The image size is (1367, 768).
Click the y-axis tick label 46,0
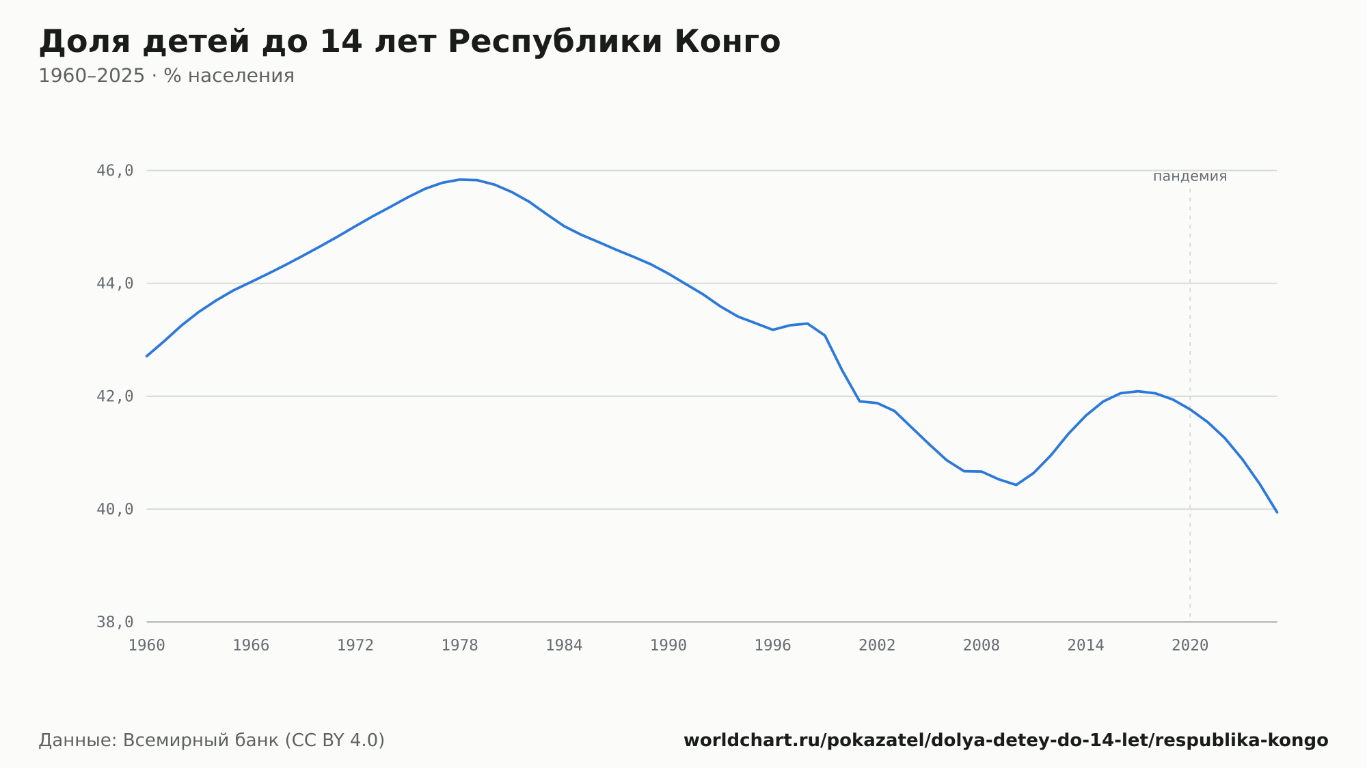115,171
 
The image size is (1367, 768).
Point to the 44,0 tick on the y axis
115,284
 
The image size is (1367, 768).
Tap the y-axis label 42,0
115,396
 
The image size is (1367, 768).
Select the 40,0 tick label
115,509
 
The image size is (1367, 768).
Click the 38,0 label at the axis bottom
115,622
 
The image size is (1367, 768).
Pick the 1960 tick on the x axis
147,646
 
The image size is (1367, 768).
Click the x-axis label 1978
459,646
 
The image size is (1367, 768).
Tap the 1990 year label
668,646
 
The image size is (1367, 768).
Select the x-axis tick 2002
877,646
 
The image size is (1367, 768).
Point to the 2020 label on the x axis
1190,646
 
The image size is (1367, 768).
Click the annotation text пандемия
1190,176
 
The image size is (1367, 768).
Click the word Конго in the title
727,42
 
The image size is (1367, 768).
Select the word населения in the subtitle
241,76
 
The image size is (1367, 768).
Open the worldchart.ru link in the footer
1006,741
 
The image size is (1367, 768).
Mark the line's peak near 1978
459,180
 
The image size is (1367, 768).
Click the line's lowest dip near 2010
1016,485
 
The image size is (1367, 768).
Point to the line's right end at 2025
1277,512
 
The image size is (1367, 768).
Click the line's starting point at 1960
147,356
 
